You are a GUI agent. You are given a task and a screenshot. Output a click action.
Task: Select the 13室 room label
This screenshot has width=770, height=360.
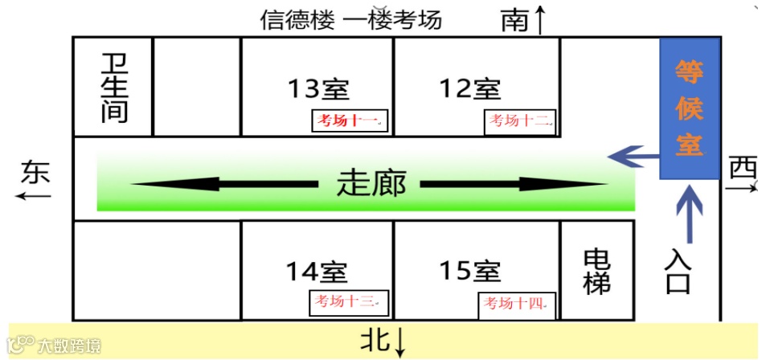(317, 88)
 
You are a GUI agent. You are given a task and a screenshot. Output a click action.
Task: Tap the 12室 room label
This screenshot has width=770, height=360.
(469, 88)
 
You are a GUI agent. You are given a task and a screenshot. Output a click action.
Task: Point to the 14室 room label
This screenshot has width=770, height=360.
(317, 272)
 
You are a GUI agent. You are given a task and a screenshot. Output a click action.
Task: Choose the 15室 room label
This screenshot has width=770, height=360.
(469, 272)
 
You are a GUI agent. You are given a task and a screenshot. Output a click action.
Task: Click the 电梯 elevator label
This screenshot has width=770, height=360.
(596, 271)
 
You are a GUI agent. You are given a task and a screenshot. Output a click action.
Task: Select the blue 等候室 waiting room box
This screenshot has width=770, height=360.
(689, 108)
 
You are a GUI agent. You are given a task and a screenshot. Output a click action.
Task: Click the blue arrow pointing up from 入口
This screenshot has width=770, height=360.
(690, 213)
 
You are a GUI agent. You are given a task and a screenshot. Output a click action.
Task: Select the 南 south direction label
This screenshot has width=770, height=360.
(515, 19)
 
